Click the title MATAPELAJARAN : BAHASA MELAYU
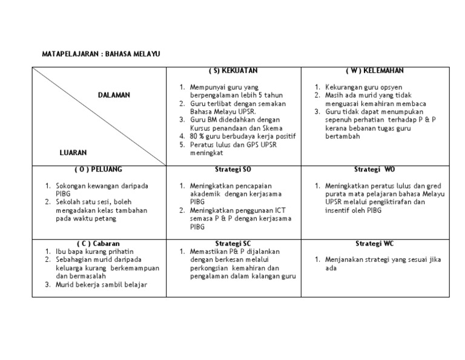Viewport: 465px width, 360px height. click(101, 55)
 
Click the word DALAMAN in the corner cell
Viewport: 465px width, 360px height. click(114, 95)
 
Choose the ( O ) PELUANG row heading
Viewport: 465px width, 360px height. click(99, 169)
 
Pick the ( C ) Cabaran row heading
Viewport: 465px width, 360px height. click(99, 243)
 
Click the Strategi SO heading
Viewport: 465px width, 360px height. click(234, 169)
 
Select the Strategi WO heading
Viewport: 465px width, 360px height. click(375, 169)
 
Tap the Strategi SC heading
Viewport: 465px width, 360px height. click(233, 243)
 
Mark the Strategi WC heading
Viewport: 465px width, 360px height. click(375, 243)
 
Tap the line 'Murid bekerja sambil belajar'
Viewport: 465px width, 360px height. click(101, 284)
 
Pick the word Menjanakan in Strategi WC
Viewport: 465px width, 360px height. click(343, 259)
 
